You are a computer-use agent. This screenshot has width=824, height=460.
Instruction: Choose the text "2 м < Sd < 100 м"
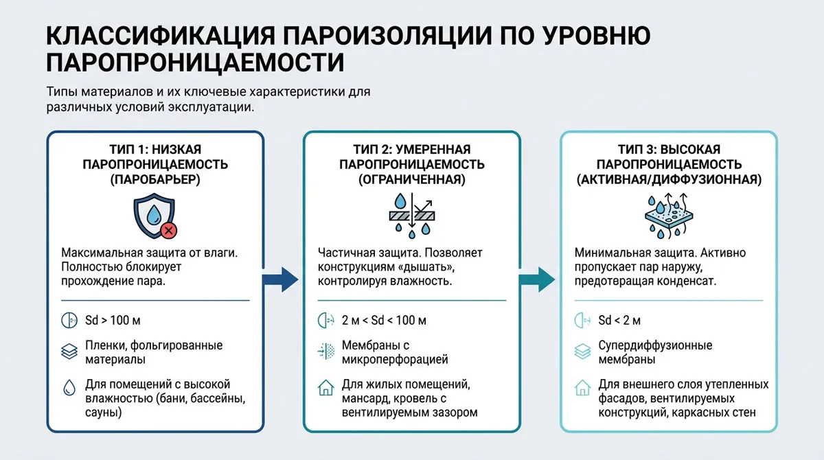tap(384, 321)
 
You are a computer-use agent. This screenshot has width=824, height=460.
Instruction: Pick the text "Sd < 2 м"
tap(619, 321)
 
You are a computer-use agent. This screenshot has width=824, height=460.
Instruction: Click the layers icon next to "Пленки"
tap(69, 352)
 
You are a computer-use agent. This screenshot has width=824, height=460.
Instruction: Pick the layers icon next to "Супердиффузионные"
tap(584, 352)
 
